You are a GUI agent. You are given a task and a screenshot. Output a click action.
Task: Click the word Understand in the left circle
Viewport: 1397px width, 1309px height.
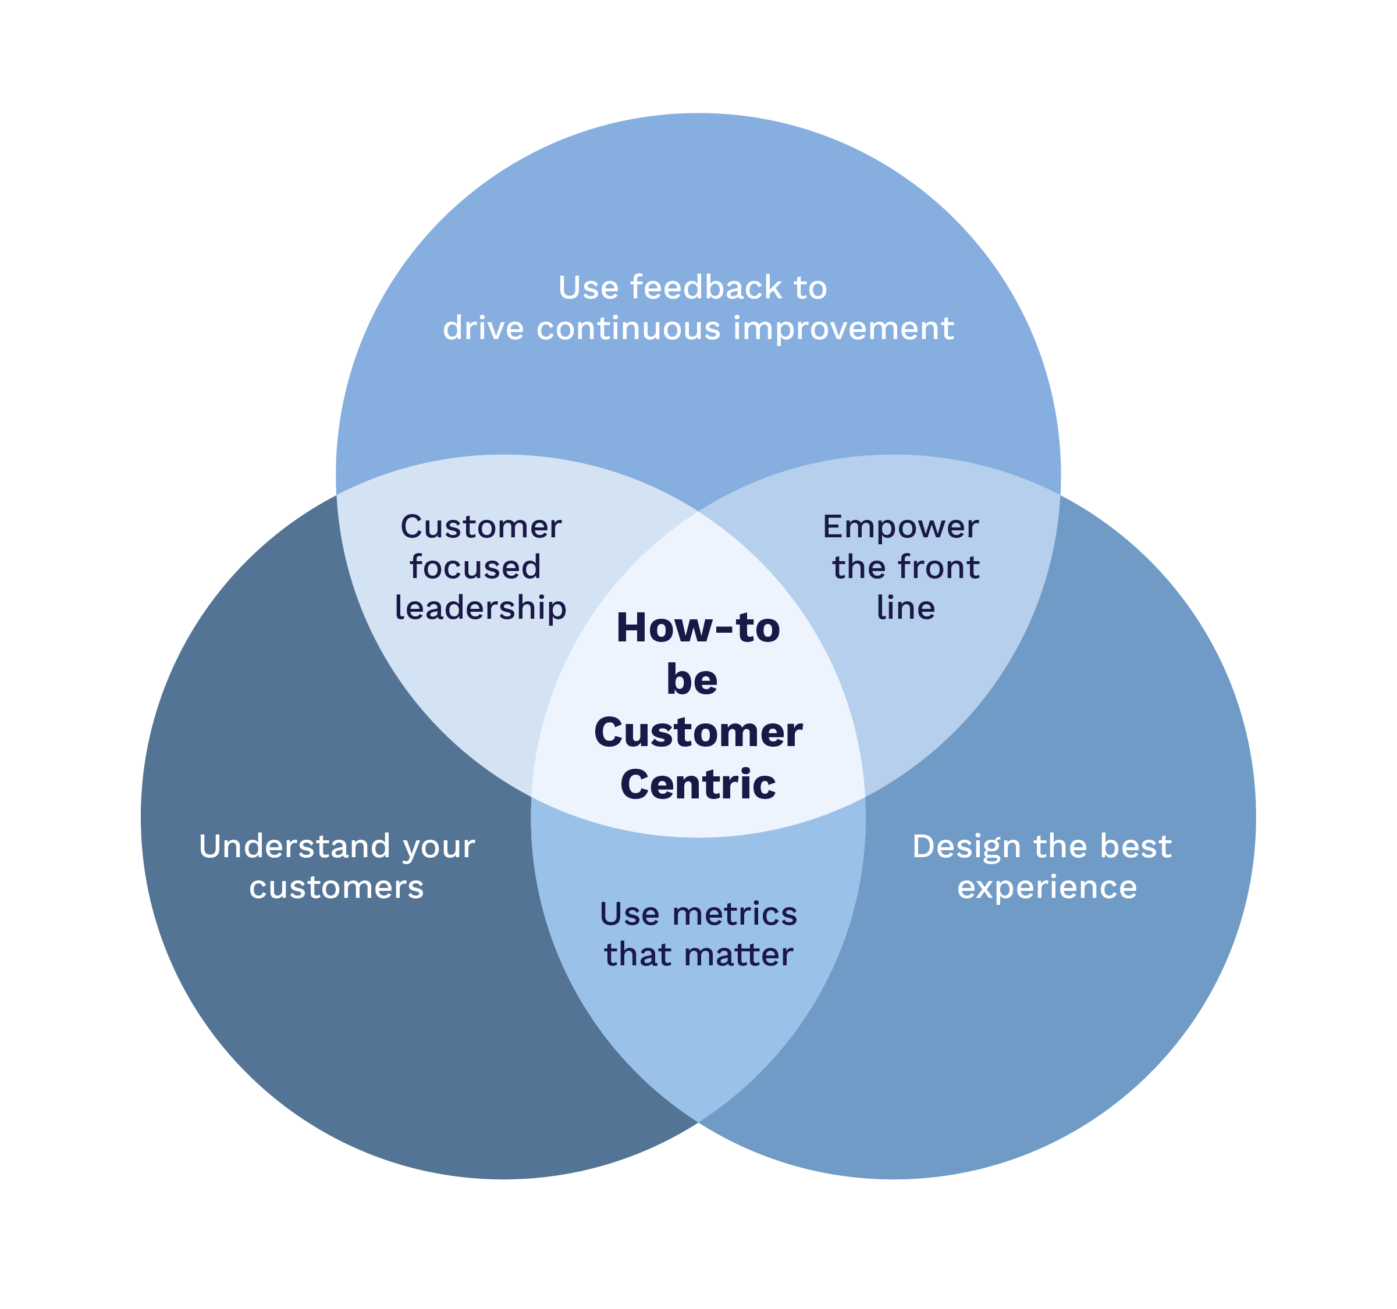tap(294, 846)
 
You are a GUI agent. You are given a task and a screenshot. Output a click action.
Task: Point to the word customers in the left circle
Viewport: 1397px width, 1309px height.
tap(337, 887)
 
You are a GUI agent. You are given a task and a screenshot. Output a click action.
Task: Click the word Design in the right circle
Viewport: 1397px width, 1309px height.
tap(966, 846)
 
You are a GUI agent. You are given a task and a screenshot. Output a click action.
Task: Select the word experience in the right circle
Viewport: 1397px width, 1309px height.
tap(1047, 887)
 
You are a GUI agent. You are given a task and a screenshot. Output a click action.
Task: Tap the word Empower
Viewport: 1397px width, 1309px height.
tap(900, 527)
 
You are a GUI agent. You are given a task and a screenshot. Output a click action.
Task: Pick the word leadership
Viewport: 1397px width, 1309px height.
tap(481, 608)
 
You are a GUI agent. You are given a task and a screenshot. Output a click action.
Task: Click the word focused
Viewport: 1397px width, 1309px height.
tap(476, 568)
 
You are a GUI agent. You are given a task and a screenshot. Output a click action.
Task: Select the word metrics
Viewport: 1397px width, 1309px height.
tap(734, 914)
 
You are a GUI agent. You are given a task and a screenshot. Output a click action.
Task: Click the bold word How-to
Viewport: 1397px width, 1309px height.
tap(698, 628)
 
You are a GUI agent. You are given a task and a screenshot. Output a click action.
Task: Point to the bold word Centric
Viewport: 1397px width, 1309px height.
tap(698, 784)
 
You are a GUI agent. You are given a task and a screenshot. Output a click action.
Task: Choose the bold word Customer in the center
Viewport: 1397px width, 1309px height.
tap(698, 733)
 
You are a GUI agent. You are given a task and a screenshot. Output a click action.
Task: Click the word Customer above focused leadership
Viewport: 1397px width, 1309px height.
tap(481, 527)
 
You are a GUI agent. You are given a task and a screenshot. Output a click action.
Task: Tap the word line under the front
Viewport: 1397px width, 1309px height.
tap(906, 608)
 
